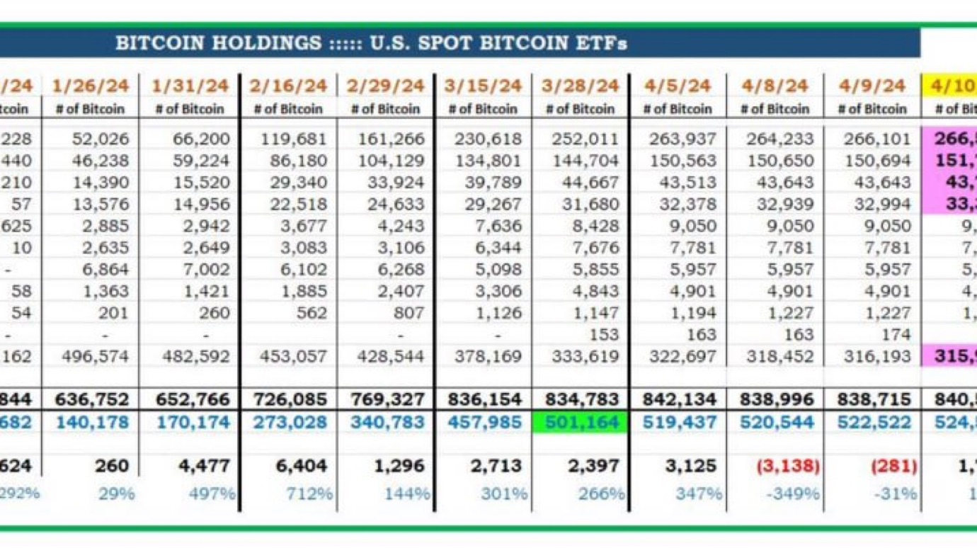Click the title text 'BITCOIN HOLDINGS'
218,43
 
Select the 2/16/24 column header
287,86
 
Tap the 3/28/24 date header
581,86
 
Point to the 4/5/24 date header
677,86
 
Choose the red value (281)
894,467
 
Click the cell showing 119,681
298,139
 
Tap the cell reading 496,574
99,356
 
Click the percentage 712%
309,493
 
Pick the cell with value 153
604,334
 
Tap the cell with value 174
894,334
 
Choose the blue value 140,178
92,423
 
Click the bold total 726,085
289,400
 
